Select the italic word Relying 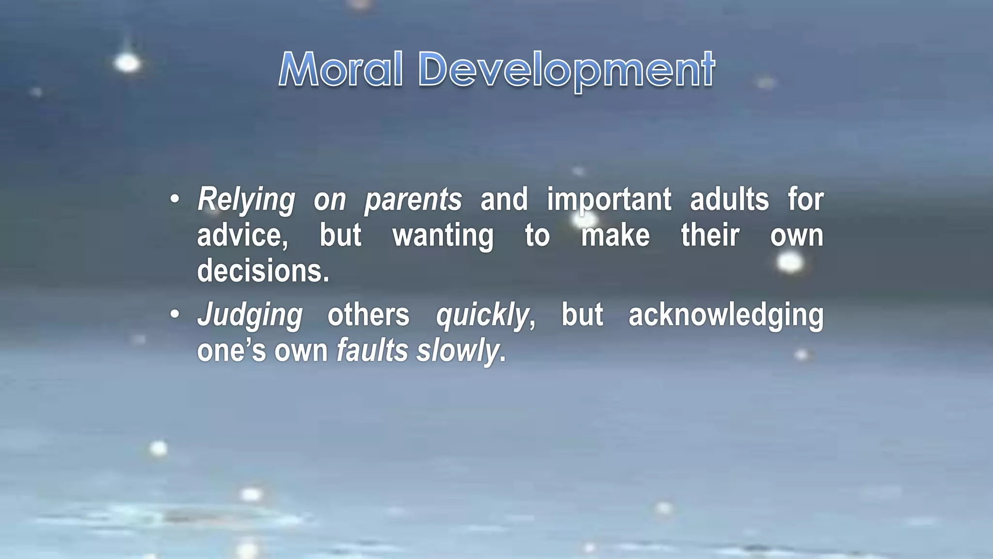(x=246, y=200)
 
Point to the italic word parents (x=413, y=200)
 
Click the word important (x=609, y=200)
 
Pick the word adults (x=729, y=200)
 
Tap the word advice (x=242, y=236)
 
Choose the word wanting (x=443, y=236)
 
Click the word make (x=615, y=236)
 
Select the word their (x=710, y=236)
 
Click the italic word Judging (x=250, y=315)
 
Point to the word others (x=368, y=315)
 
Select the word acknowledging (x=726, y=315)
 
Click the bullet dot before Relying (x=175, y=199)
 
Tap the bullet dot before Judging (x=175, y=314)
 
